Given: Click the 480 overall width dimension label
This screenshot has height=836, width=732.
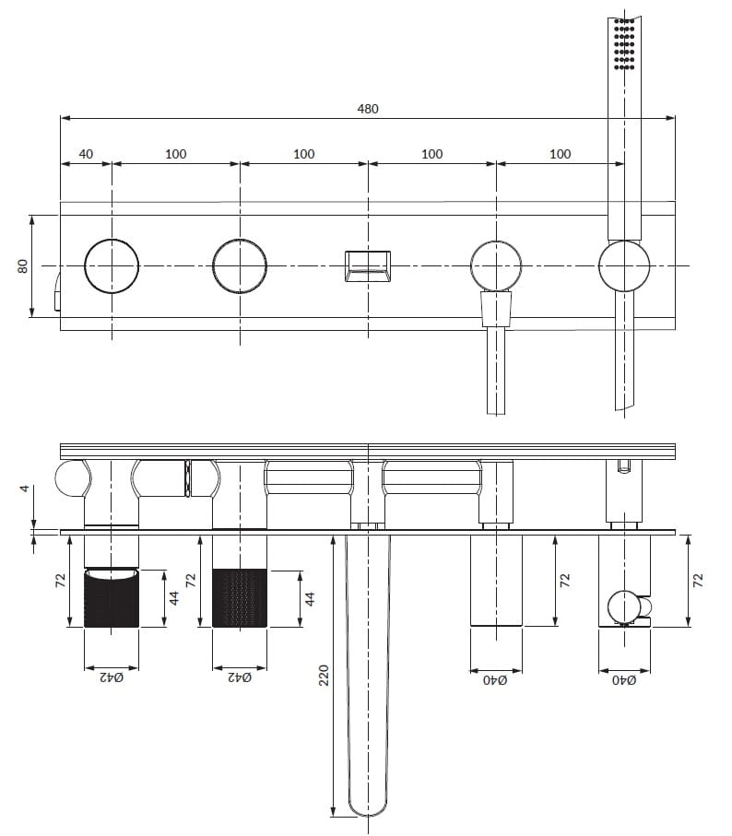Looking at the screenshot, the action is [367, 109].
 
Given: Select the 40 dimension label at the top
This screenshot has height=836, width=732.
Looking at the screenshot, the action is [86, 154].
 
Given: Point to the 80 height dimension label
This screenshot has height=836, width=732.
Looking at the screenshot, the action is [22, 266].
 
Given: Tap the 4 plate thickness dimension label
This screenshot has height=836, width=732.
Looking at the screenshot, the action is [25, 488].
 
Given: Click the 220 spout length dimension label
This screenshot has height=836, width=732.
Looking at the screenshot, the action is [324, 675].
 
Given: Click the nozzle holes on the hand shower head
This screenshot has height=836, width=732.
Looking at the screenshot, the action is [624, 44].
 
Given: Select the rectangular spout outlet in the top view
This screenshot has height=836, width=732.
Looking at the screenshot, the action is [367, 266].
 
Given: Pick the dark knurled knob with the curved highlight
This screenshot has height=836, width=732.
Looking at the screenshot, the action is [112, 597].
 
